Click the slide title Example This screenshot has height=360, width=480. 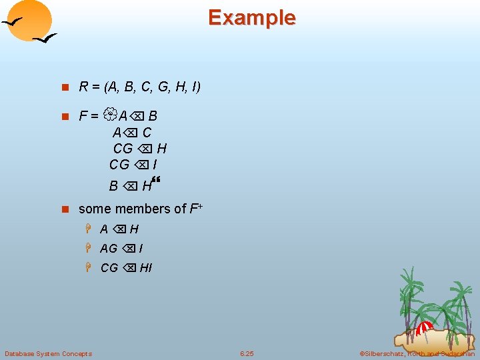pos(251,17)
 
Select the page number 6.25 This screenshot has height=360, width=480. pos(247,353)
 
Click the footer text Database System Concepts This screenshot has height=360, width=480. pos(49,353)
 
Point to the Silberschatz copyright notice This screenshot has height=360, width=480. pos(417,353)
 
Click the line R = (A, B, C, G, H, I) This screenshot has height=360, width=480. pos(139,87)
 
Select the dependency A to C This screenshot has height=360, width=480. pos(132,132)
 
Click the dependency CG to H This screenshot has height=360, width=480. pos(140,148)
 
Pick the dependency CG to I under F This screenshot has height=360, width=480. pos(133,164)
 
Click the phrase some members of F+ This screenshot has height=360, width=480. pos(141,209)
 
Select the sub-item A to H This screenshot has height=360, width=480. pos(119,229)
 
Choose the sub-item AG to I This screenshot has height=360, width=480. pos(121,249)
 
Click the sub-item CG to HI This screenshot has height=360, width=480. pos(126,268)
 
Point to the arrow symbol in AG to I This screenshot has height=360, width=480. pos(129,249)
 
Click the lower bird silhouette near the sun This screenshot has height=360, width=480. pos(45,39)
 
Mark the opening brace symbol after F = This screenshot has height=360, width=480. pos(109,115)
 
